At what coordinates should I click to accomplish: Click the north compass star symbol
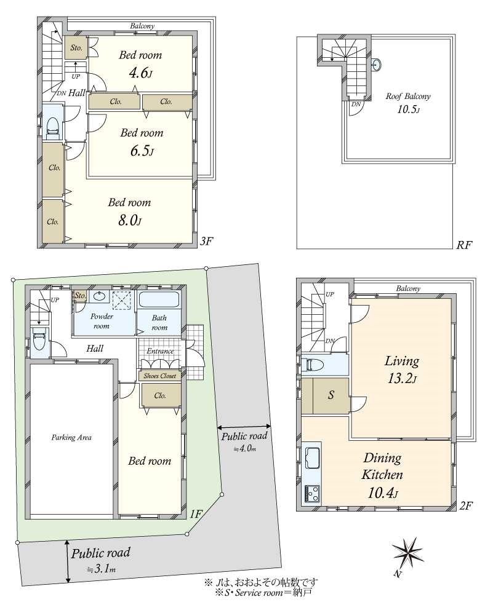[407, 552]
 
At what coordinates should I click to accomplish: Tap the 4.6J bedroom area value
[140, 73]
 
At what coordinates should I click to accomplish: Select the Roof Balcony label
[408, 97]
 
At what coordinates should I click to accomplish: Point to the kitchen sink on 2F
[313, 458]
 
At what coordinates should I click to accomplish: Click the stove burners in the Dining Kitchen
[313, 494]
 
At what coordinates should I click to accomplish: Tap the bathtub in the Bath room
[159, 299]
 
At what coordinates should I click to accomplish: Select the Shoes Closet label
[160, 376]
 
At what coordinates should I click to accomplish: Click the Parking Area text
[71, 437]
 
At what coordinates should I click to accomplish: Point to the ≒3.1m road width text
[101, 569]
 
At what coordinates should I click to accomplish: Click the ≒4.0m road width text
[245, 449]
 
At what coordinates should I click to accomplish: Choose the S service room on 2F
[331, 395]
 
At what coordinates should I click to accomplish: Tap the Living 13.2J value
[403, 379]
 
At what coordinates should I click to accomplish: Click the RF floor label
[463, 245]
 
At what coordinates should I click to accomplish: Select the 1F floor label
[196, 514]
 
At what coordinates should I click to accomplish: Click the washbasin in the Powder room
[100, 297]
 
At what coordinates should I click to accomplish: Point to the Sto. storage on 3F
[76, 47]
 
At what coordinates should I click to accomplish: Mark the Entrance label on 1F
[160, 351]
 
